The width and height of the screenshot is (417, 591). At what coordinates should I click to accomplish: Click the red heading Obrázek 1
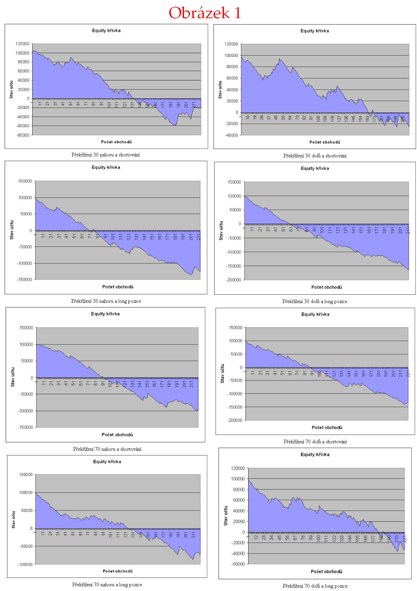click(205, 13)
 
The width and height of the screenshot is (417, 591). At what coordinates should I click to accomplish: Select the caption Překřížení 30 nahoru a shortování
click(106, 155)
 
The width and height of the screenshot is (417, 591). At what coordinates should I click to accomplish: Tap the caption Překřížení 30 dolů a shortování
click(315, 156)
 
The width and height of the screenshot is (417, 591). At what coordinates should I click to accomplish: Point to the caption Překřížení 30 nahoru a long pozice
click(106, 301)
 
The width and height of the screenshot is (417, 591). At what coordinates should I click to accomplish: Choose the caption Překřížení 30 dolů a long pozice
click(315, 301)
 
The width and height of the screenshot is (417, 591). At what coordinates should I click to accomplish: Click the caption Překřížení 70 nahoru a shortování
click(107, 449)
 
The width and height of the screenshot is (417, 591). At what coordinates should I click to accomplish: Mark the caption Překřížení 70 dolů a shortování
click(315, 442)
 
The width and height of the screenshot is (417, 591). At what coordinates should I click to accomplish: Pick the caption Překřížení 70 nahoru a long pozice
click(107, 585)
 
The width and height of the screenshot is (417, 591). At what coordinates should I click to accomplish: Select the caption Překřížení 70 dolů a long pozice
click(315, 586)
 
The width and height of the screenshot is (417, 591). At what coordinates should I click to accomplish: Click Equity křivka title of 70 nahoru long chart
click(107, 462)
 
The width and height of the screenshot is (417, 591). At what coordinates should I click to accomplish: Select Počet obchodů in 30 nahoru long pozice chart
click(118, 287)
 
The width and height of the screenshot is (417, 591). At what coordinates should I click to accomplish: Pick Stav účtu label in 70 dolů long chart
click(226, 516)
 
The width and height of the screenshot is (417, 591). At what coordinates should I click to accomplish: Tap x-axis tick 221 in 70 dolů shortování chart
click(408, 374)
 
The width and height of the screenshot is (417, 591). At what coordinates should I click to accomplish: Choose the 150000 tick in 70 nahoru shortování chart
click(26, 328)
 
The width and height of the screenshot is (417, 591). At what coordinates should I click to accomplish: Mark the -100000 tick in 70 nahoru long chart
click(25, 564)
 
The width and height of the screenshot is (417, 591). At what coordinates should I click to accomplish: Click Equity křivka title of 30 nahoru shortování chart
click(106, 31)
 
